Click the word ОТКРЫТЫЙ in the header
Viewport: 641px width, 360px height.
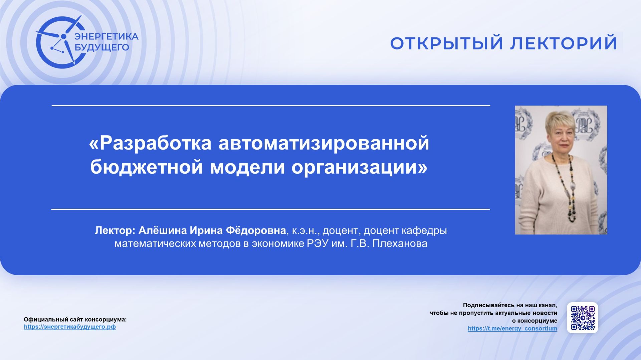(446, 43)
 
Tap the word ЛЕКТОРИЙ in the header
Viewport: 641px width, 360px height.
(564, 43)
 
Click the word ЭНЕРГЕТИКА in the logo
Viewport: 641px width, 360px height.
(106, 36)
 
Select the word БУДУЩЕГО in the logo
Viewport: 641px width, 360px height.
(102, 47)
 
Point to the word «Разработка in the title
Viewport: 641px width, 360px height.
(150, 143)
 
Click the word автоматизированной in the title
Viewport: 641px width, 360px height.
(324, 143)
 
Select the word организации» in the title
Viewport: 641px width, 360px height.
(359, 167)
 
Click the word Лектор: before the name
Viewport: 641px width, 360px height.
(115, 230)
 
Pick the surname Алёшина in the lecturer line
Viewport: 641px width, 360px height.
(163, 230)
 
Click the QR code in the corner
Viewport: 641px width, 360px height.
(582, 318)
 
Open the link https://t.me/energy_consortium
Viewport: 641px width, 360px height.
(512, 329)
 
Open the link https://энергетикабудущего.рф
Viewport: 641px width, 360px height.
(70, 327)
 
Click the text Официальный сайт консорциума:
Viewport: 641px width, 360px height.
(75, 320)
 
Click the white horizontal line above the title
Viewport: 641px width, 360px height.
(270, 106)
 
